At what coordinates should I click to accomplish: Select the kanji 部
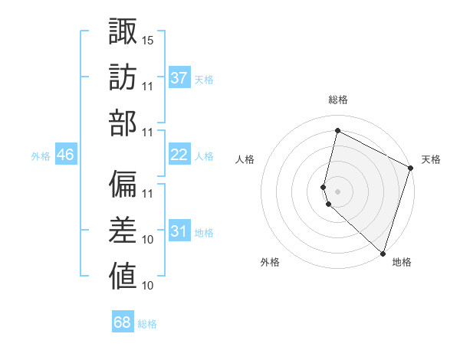coord(122,123)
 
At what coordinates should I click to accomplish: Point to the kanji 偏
coord(122,185)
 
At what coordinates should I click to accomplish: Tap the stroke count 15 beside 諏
coord(148,40)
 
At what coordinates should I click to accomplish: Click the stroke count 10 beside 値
coord(148,286)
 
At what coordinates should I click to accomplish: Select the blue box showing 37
coord(179,77)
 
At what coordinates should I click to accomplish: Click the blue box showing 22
coord(179,155)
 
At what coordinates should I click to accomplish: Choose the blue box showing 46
coord(65,155)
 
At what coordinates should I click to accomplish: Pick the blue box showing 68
coord(122,322)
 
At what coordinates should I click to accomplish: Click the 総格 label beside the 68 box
coord(147,324)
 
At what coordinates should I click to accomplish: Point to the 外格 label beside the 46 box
coord(41,156)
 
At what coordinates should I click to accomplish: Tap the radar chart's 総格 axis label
coord(337,100)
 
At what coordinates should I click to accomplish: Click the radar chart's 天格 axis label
coord(431,159)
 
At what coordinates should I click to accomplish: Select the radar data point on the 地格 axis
coord(383,253)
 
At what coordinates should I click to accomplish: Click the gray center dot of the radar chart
coord(337,191)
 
